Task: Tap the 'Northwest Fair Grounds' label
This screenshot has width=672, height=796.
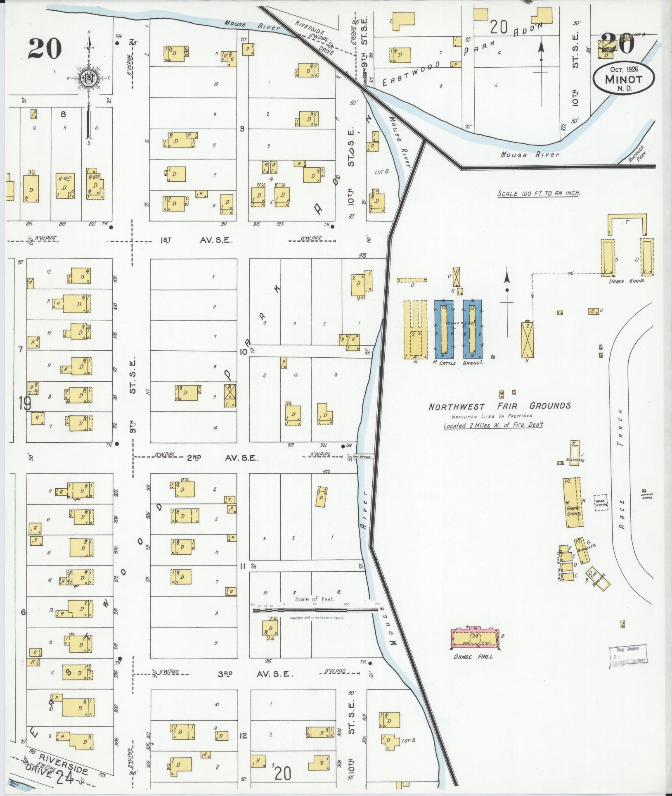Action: pyautogui.click(x=499, y=406)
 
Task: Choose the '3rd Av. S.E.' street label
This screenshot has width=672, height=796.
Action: pyautogui.click(x=255, y=674)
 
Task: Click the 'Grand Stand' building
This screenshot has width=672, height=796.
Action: pyautogui.click(x=572, y=503)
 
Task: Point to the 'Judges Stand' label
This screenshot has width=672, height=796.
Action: pyautogui.click(x=646, y=496)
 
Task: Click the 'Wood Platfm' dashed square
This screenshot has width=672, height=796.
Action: pyautogui.click(x=601, y=503)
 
